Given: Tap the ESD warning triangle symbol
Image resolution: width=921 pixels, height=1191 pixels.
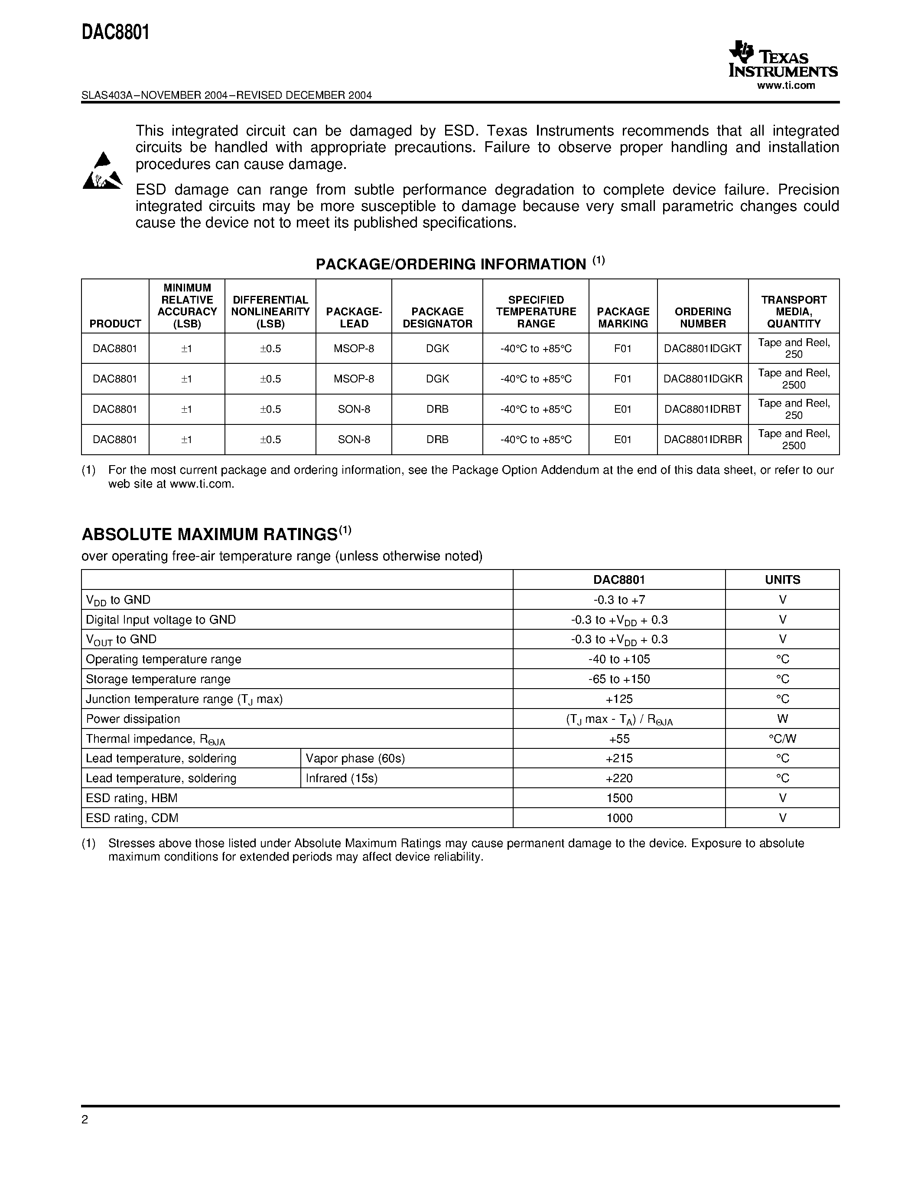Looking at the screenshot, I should click(102, 171).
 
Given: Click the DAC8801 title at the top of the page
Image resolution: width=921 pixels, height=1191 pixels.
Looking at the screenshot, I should click(116, 33).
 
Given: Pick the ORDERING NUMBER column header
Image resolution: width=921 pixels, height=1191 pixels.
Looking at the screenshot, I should click(702, 317).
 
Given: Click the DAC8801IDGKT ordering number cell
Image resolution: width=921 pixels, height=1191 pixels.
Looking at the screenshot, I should click(702, 349).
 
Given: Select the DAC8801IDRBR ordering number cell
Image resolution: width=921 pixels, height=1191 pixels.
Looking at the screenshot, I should click(702, 440).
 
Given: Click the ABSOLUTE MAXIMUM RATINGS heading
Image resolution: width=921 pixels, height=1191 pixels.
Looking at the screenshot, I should click(209, 534).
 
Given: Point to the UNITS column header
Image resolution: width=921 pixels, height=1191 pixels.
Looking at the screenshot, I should click(782, 579).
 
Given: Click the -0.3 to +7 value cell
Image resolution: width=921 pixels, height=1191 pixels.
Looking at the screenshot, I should click(619, 600).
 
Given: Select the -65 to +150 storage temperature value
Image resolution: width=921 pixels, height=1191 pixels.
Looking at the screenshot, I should click(619, 679).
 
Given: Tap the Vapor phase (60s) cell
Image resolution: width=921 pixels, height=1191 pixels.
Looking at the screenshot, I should click(355, 758).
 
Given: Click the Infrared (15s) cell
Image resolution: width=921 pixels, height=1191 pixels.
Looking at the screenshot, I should click(342, 778).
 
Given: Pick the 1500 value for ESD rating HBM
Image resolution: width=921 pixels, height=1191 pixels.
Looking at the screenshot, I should click(619, 798).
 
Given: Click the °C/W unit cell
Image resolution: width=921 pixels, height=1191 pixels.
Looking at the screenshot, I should click(782, 739).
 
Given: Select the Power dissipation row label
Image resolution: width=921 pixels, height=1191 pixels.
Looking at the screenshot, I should click(133, 719).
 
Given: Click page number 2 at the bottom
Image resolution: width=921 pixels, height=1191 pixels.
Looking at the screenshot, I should click(85, 1120).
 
